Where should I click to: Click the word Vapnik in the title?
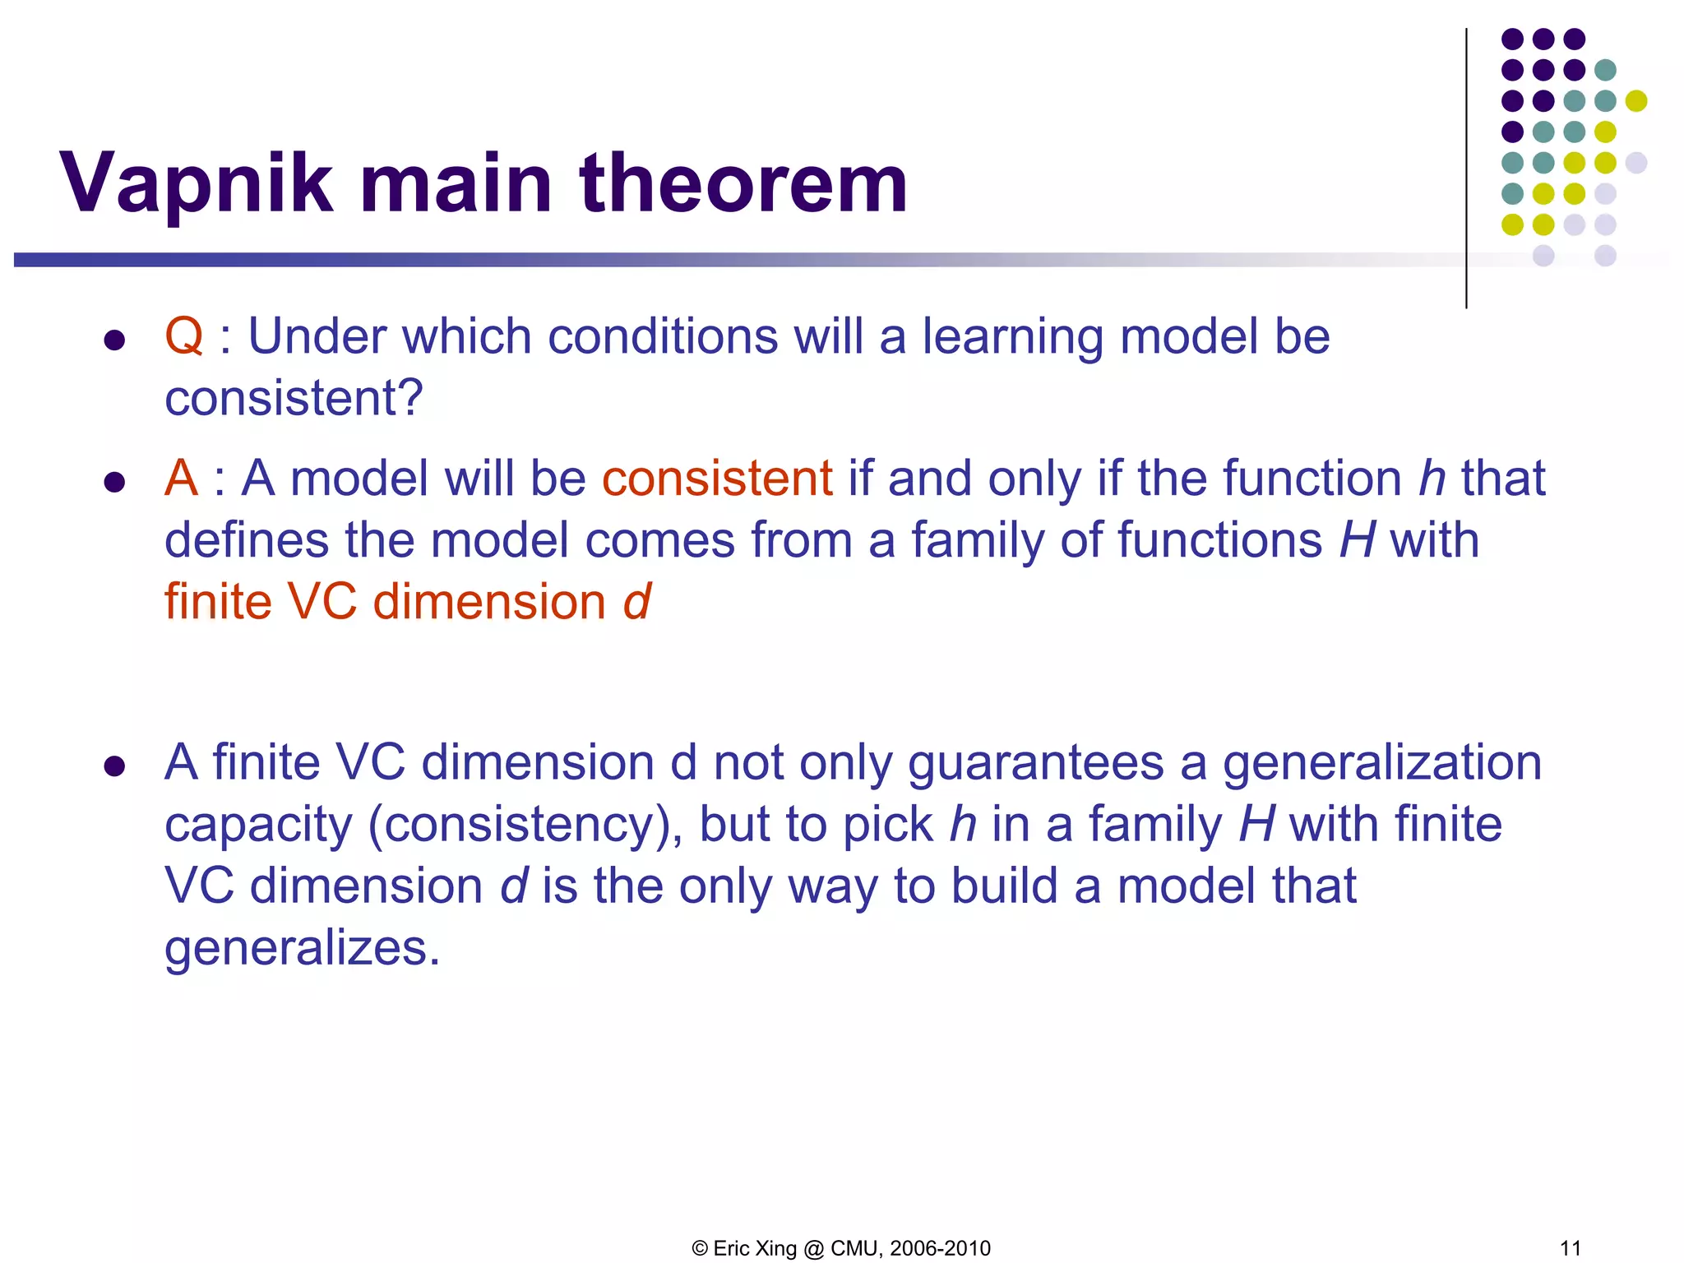tap(196, 185)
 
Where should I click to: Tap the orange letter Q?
tap(183, 337)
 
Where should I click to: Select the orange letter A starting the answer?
tap(181, 479)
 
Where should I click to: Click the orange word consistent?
tap(717, 479)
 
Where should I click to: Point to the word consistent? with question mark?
tap(294, 400)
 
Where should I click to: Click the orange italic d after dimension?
tap(636, 602)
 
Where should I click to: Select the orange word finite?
tap(218, 602)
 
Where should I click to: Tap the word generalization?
tap(1381, 763)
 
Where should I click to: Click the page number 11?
tap(1570, 1248)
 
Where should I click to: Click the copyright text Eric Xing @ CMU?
tap(840, 1248)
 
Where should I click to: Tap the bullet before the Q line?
tap(114, 340)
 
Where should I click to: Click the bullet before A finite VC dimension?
tap(114, 766)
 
